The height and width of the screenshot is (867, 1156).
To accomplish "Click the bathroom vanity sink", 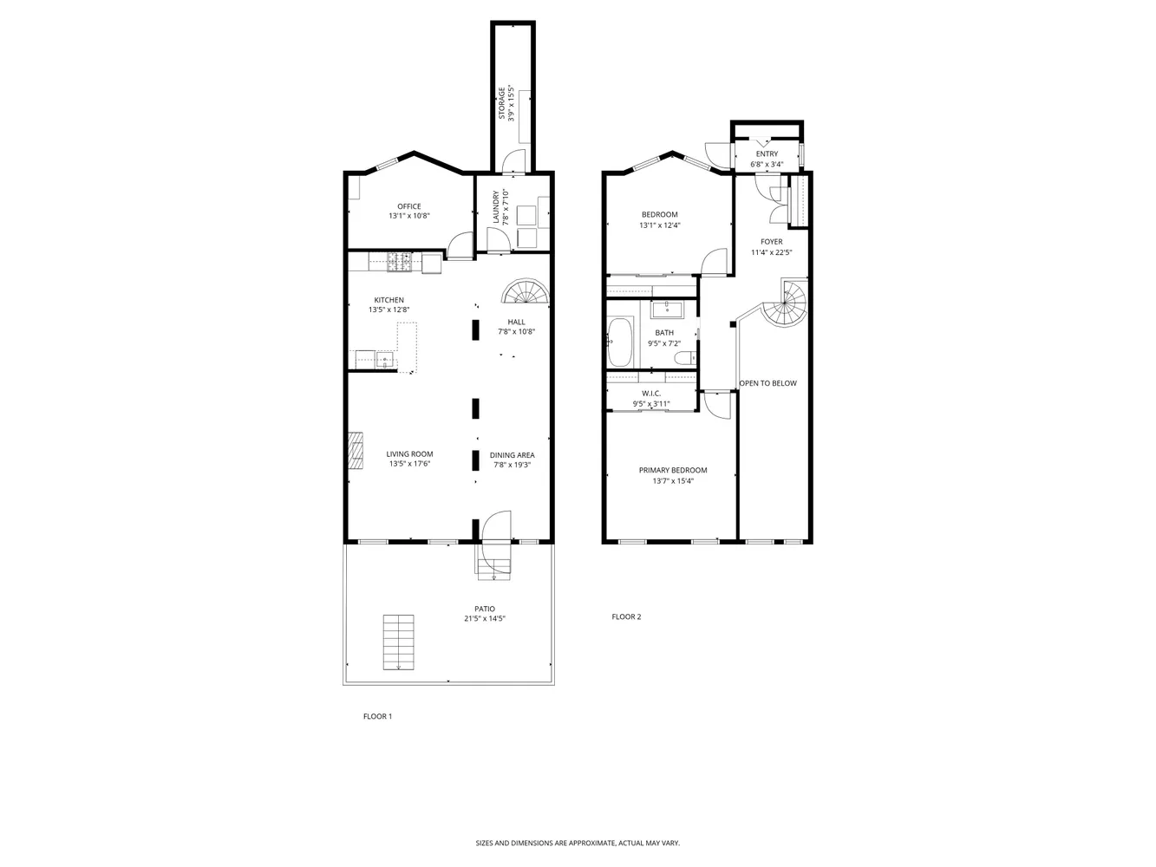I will click(666, 308).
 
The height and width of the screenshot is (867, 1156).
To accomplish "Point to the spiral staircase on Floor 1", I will click(526, 293).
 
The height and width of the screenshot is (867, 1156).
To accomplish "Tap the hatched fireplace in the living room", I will click(356, 451).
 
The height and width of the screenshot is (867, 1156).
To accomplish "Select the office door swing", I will click(460, 246).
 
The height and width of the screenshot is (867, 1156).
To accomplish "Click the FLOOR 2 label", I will click(626, 617).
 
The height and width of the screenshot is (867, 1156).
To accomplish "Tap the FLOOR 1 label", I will click(377, 716).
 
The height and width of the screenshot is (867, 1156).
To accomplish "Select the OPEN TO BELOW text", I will click(767, 383).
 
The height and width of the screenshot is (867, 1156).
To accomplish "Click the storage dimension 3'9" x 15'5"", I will click(512, 104).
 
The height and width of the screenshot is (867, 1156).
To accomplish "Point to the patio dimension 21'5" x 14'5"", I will click(485, 619).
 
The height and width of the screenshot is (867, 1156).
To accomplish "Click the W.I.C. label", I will click(651, 393).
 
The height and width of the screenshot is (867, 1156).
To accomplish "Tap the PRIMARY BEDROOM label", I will click(673, 470).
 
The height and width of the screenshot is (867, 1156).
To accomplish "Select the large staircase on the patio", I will click(399, 642).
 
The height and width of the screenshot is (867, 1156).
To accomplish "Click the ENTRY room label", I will click(767, 154).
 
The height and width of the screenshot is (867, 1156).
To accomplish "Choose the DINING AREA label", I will click(512, 454).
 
